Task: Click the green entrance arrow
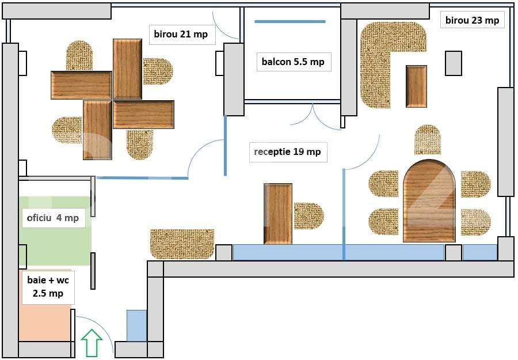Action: tap(92, 343)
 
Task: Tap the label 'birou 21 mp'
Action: tap(181, 35)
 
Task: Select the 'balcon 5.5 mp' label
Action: tap(293, 62)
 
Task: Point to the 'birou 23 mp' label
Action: tap(472, 20)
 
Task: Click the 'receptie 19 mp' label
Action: tap(288, 152)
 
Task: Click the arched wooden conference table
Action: tap(429, 202)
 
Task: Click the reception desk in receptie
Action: tap(278, 214)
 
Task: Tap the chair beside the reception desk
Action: tap(308, 215)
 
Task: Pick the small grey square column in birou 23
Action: tap(453, 63)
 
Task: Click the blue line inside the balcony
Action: tap(290, 22)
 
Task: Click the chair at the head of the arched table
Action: tap(428, 139)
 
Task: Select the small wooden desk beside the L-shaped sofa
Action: tap(416, 86)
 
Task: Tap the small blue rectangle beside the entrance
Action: tap(136, 325)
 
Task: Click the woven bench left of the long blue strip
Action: tap(182, 244)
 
